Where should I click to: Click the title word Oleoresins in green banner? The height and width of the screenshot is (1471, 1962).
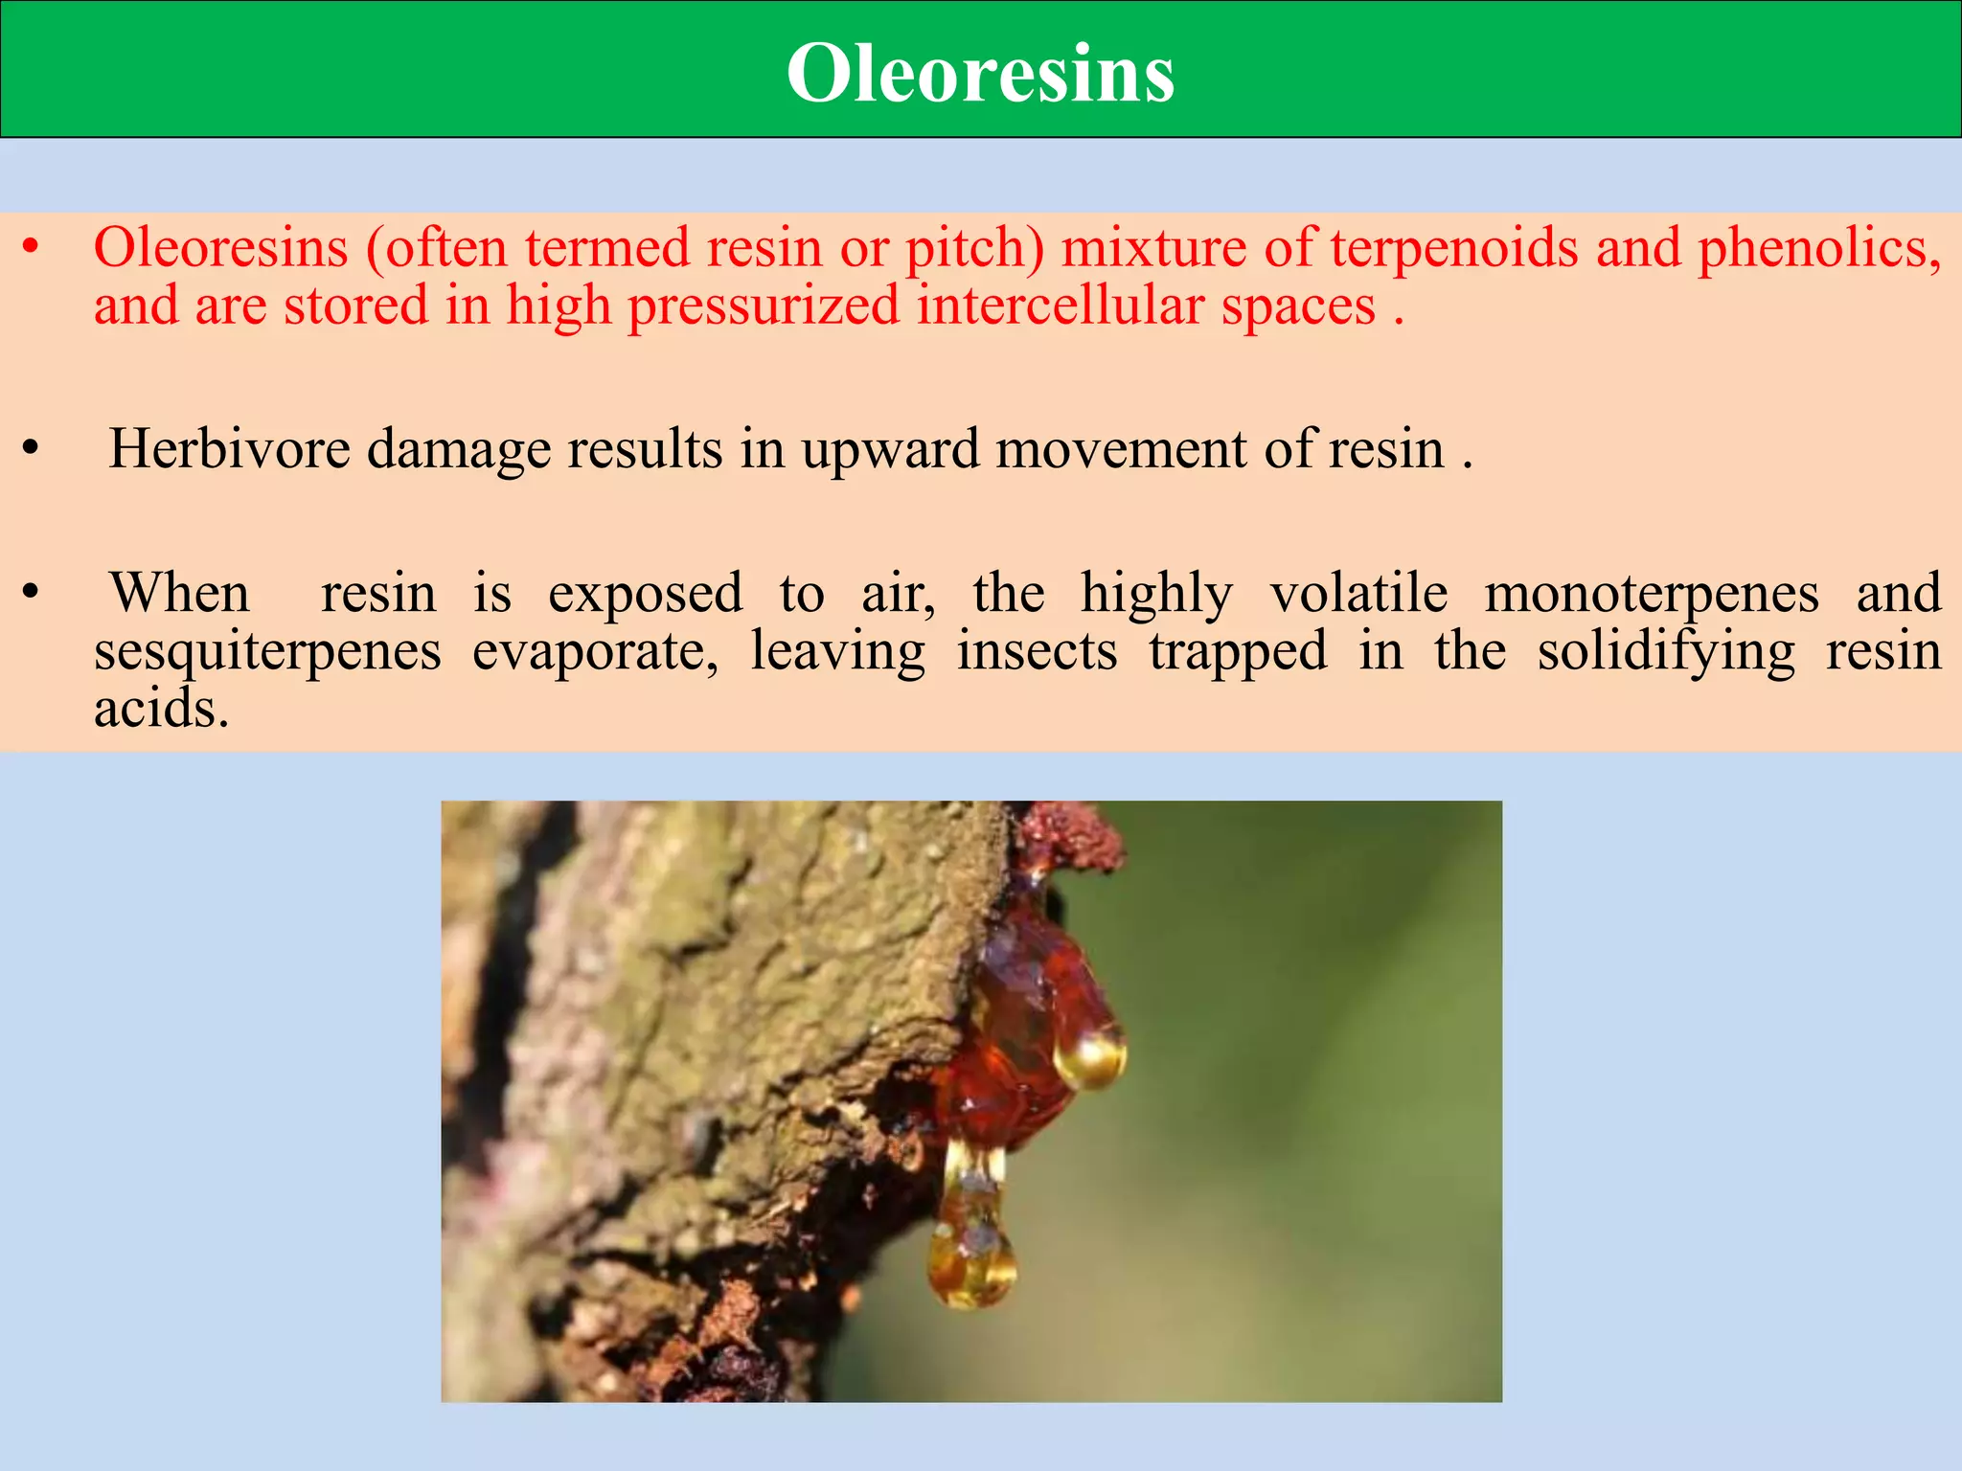click(x=980, y=74)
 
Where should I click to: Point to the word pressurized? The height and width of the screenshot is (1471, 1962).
click(x=764, y=306)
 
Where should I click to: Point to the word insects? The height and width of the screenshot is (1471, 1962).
click(x=1037, y=651)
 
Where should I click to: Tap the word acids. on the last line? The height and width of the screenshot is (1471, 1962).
click(x=162, y=710)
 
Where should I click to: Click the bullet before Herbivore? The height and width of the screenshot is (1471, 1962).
click(x=32, y=449)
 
